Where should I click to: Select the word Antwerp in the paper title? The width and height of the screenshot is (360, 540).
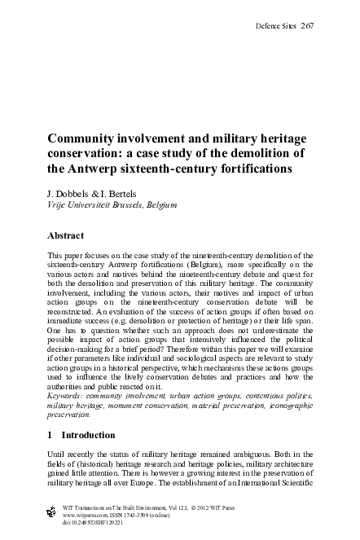[99, 170]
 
